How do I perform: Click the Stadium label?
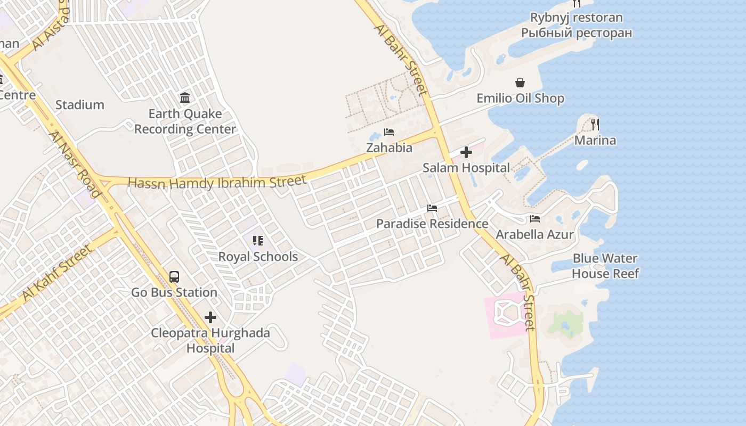click(80, 105)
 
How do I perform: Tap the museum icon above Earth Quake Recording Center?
click(185, 97)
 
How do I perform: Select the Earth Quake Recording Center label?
click(185, 121)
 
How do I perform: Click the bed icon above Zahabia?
click(389, 132)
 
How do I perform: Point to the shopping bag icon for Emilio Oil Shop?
click(520, 83)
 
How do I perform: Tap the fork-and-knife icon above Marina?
click(595, 125)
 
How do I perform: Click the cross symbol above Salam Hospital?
click(466, 153)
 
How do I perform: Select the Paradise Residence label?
click(432, 224)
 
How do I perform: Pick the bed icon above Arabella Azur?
click(535, 219)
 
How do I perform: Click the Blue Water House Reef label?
click(605, 266)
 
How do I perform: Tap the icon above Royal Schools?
click(258, 241)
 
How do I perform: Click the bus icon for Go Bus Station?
click(174, 277)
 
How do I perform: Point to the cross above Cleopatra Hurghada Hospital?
click(210, 318)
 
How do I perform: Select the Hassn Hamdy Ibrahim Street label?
click(217, 182)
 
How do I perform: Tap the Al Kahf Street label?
click(56, 273)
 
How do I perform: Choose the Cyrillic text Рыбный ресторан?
click(577, 33)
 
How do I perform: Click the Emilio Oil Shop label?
click(520, 99)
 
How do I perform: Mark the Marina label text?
click(595, 141)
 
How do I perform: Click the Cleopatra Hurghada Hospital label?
click(210, 341)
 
